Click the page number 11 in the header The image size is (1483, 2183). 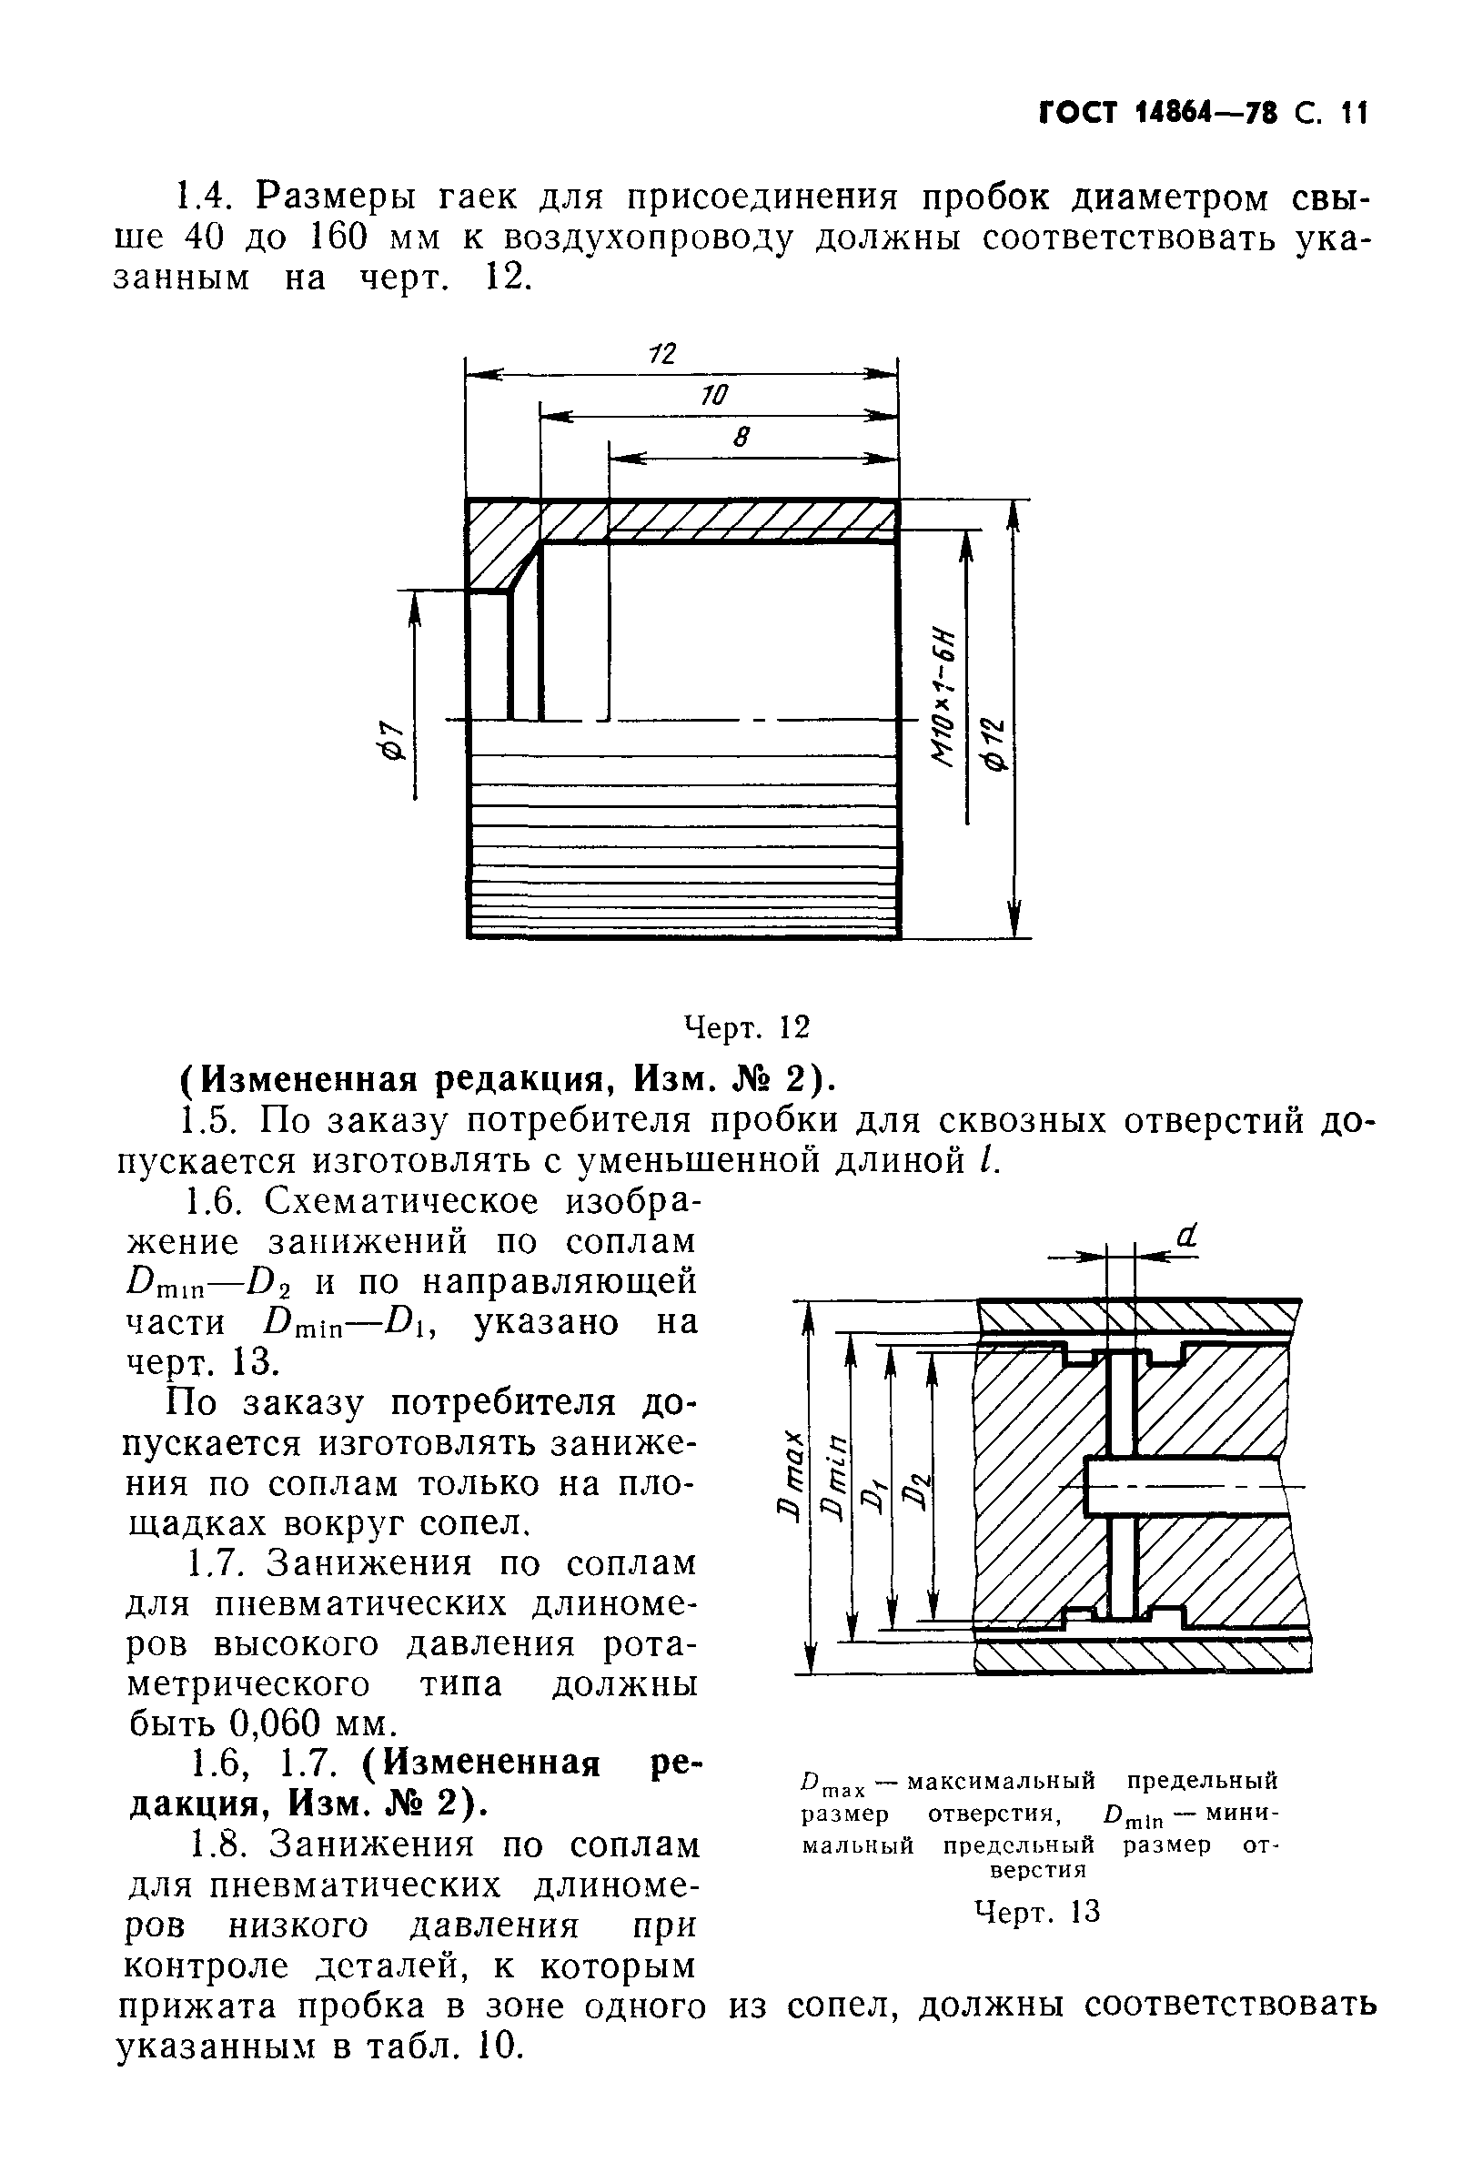1354,114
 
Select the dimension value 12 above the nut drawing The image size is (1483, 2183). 662,353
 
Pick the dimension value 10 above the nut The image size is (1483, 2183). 714,396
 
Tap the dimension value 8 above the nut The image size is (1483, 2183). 742,438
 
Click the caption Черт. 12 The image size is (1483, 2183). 747,1027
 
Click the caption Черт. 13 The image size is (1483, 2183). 1037,1912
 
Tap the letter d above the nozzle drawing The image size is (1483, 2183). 1187,1238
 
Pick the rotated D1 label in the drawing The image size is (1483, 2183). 874,1493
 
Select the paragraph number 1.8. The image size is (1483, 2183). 217,1844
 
